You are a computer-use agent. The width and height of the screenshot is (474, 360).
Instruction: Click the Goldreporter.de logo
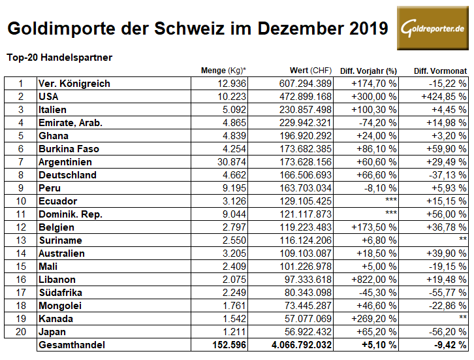pyautogui.click(x=432, y=28)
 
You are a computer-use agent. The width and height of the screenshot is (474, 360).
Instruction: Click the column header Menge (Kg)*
pyautogui.click(x=223, y=70)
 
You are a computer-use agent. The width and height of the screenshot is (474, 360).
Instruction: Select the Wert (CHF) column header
pyautogui.click(x=310, y=70)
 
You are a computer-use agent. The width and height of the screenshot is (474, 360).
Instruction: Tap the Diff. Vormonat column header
pyautogui.click(x=440, y=70)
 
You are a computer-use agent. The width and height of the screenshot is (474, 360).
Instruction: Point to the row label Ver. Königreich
pyautogui.click(x=74, y=84)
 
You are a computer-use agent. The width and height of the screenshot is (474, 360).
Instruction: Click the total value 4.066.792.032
pyautogui.click(x=296, y=345)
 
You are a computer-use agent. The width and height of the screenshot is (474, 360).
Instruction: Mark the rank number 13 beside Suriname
pyautogui.click(x=20, y=240)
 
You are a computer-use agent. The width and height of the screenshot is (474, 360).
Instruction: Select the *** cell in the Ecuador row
pyautogui.click(x=389, y=201)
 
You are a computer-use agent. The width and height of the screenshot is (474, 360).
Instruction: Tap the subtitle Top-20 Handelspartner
pyautogui.click(x=59, y=57)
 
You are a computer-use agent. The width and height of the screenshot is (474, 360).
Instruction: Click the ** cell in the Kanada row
pyautogui.click(x=462, y=319)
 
